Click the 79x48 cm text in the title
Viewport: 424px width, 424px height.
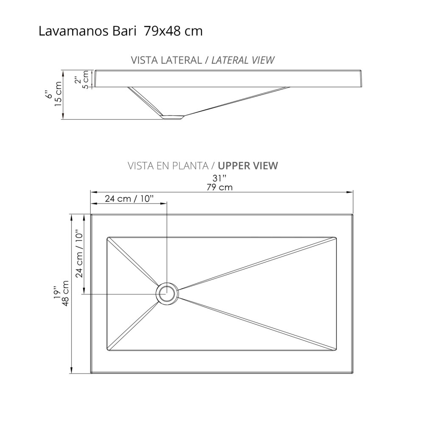[173, 32]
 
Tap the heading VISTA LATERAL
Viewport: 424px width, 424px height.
[166, 60]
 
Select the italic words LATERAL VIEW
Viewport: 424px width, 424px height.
[243, 60]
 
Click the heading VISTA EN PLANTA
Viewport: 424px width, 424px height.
[168, 165]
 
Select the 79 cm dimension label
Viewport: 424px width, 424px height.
[220, 187]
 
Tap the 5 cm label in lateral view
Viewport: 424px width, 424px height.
[85, 79]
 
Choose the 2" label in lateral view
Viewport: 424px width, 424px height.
[77, 79]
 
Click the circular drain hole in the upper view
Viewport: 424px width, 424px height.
[167, 293]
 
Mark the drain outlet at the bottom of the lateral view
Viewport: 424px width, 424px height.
[173, 117]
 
